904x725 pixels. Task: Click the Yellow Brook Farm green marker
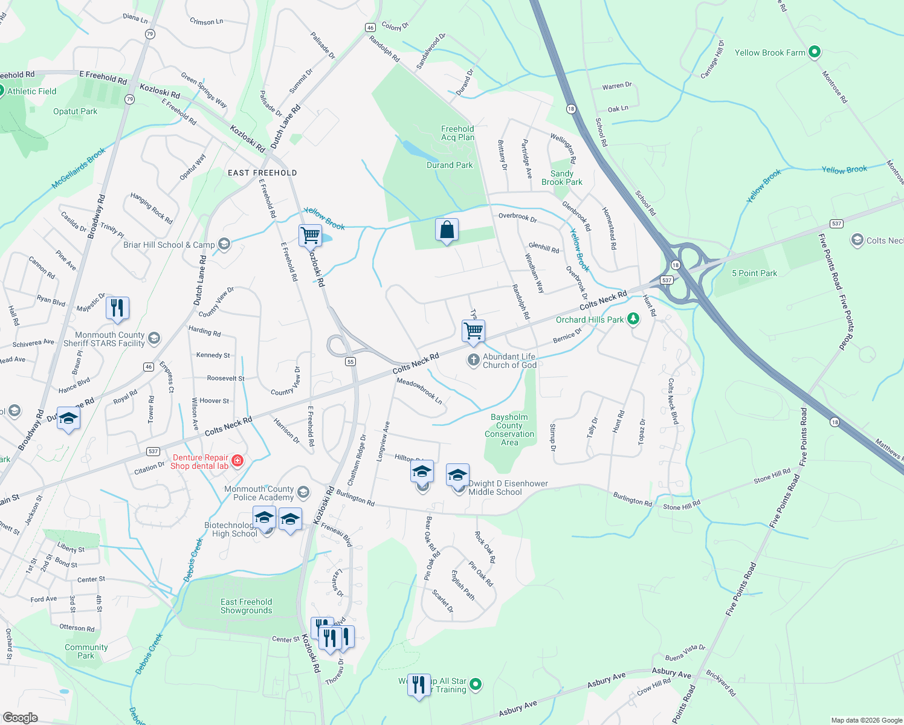pos(814,53)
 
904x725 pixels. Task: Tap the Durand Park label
pos(450,165)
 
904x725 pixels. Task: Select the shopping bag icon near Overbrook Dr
pos(447,230)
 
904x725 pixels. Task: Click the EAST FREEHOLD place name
pos(262,173)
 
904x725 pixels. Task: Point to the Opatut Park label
pos(75,111)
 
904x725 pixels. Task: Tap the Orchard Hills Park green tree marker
pos(633,318)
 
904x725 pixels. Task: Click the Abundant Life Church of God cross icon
pos(473,361)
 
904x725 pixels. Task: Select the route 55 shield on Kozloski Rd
pos(350,361)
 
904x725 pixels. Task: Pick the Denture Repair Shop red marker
pos(237,461)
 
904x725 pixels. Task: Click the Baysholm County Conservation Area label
pos(509,430)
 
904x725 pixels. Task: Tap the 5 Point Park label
pos(754,273)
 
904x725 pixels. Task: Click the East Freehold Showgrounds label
pos(246,606)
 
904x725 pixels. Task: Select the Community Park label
pos(86,651)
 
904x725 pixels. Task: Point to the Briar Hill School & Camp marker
pos(224,244)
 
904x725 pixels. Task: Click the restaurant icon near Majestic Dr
pos(117,308)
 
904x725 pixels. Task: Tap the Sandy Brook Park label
pos(561,178)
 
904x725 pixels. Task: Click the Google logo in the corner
pos(20,718)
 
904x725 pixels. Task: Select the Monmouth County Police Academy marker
pos(303,492)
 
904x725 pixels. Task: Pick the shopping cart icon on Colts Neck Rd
pos(473,330)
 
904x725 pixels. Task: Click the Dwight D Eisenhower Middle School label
pos(508,488)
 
